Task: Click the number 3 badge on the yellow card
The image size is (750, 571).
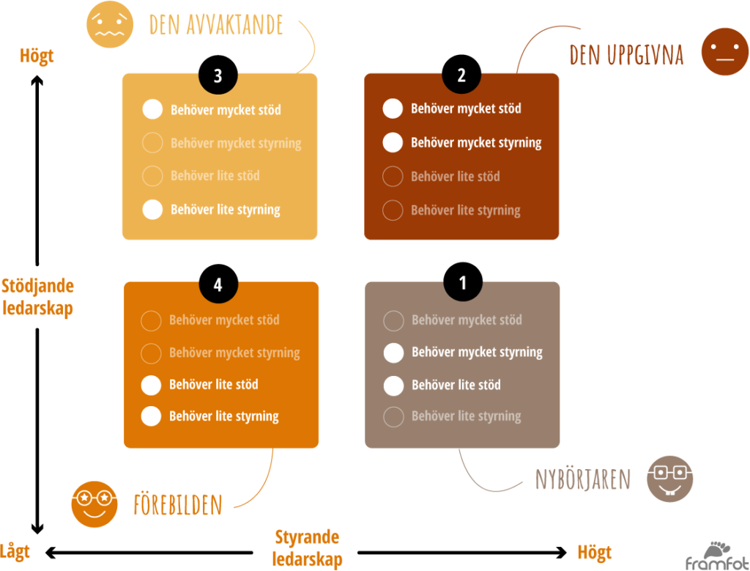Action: tap(218, 76)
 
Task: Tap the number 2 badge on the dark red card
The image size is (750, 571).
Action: tap(461, 76)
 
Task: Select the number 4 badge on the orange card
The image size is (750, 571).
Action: tap(218, 285)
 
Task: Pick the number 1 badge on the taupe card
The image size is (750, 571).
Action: tap(462, 284)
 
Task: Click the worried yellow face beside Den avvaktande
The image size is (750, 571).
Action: tap(110, 24)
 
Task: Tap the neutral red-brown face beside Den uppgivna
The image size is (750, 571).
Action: tap(725, 51)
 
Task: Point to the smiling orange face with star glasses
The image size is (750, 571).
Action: tap(94, 504)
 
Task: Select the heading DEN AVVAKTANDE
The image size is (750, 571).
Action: tap(216, 25)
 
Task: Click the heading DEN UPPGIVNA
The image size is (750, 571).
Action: tap(626, 55)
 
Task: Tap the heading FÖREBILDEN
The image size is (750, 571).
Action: tap(178, 505)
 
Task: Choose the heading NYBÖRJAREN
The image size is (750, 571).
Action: tap(583, 480)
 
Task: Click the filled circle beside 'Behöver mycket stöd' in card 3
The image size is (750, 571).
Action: tap(152, 109)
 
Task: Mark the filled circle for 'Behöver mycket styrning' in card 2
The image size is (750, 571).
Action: tap(393, 142)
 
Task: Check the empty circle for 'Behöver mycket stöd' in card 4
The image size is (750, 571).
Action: tap(151, 320)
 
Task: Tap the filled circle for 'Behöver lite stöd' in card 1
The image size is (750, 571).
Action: tap(394, 385)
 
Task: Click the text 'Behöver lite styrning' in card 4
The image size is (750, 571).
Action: tap(224, 416)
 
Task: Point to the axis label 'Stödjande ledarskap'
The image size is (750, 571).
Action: tap(38, 297)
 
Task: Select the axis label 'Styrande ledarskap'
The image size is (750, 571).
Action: tap(308, 548)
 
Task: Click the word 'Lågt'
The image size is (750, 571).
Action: tap(15, 551)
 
